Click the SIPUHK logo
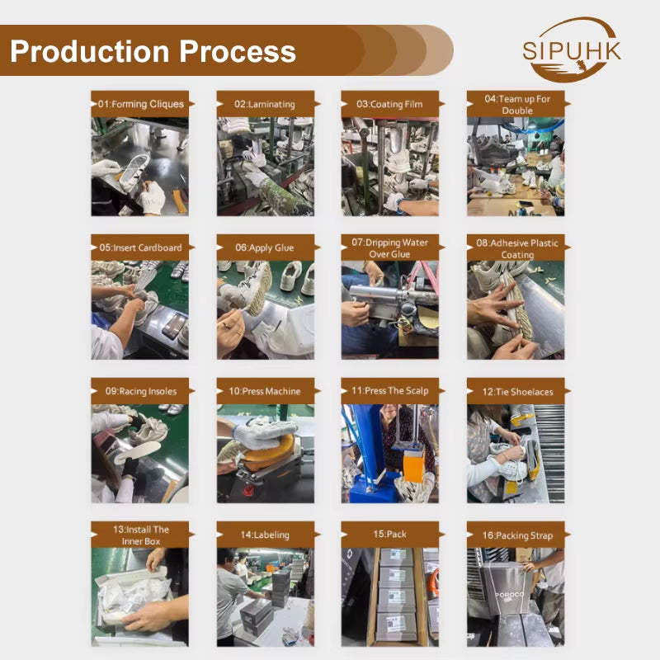pyautogui.click(x=571, y=49)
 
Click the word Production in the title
pyautogui.click(x=90, y=51)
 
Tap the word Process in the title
pyautogui.click(x=238, y=51)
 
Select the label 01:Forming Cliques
pyautogui.click(x=141, y=104)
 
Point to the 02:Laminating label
pyautogui.click(x=265, y=104)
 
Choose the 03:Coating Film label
pyautogui.click(x=389, y=104)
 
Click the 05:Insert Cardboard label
pyautogui.click(x=140, y=247)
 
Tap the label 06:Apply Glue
pyautogui.click(x=264, y=247)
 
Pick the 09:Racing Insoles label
pyautogui.click(x=141, y=391)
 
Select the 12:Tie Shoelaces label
pyautogui.click(x=518, y=392)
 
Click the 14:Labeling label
pyautogui.click(x=265, y=535)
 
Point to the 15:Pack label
pyautogui.click(x=389, y=534)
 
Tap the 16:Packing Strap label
pyautogui.click(x=517, y=535)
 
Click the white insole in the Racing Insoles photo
pyautogui.click(x=137, y=451)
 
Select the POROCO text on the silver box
pyautogui.click(x=509, y=594)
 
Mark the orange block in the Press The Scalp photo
pyautogui.click(x=413, y=464)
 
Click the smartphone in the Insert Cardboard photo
pyautogui.click(x=174, y=325)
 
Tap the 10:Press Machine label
pyautogui.click(x=265, y=391)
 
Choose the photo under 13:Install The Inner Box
pyautogui.click(x=139, y=596)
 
